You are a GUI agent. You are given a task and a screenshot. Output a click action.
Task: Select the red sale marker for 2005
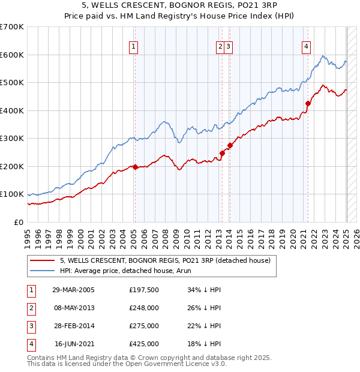[x=135, y=167]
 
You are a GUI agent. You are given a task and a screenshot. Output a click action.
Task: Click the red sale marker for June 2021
[x=308, y=103]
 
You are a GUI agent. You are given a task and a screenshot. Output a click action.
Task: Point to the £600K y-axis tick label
[x=12, y=55]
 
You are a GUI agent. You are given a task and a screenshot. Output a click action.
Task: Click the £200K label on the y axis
[x=12, y=166]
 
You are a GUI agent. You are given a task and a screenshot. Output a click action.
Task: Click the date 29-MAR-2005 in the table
[x=74, y=290]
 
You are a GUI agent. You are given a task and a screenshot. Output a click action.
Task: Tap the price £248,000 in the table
[x=144, y=308]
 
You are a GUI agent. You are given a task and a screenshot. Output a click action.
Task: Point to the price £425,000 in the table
[x=144, y=344]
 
